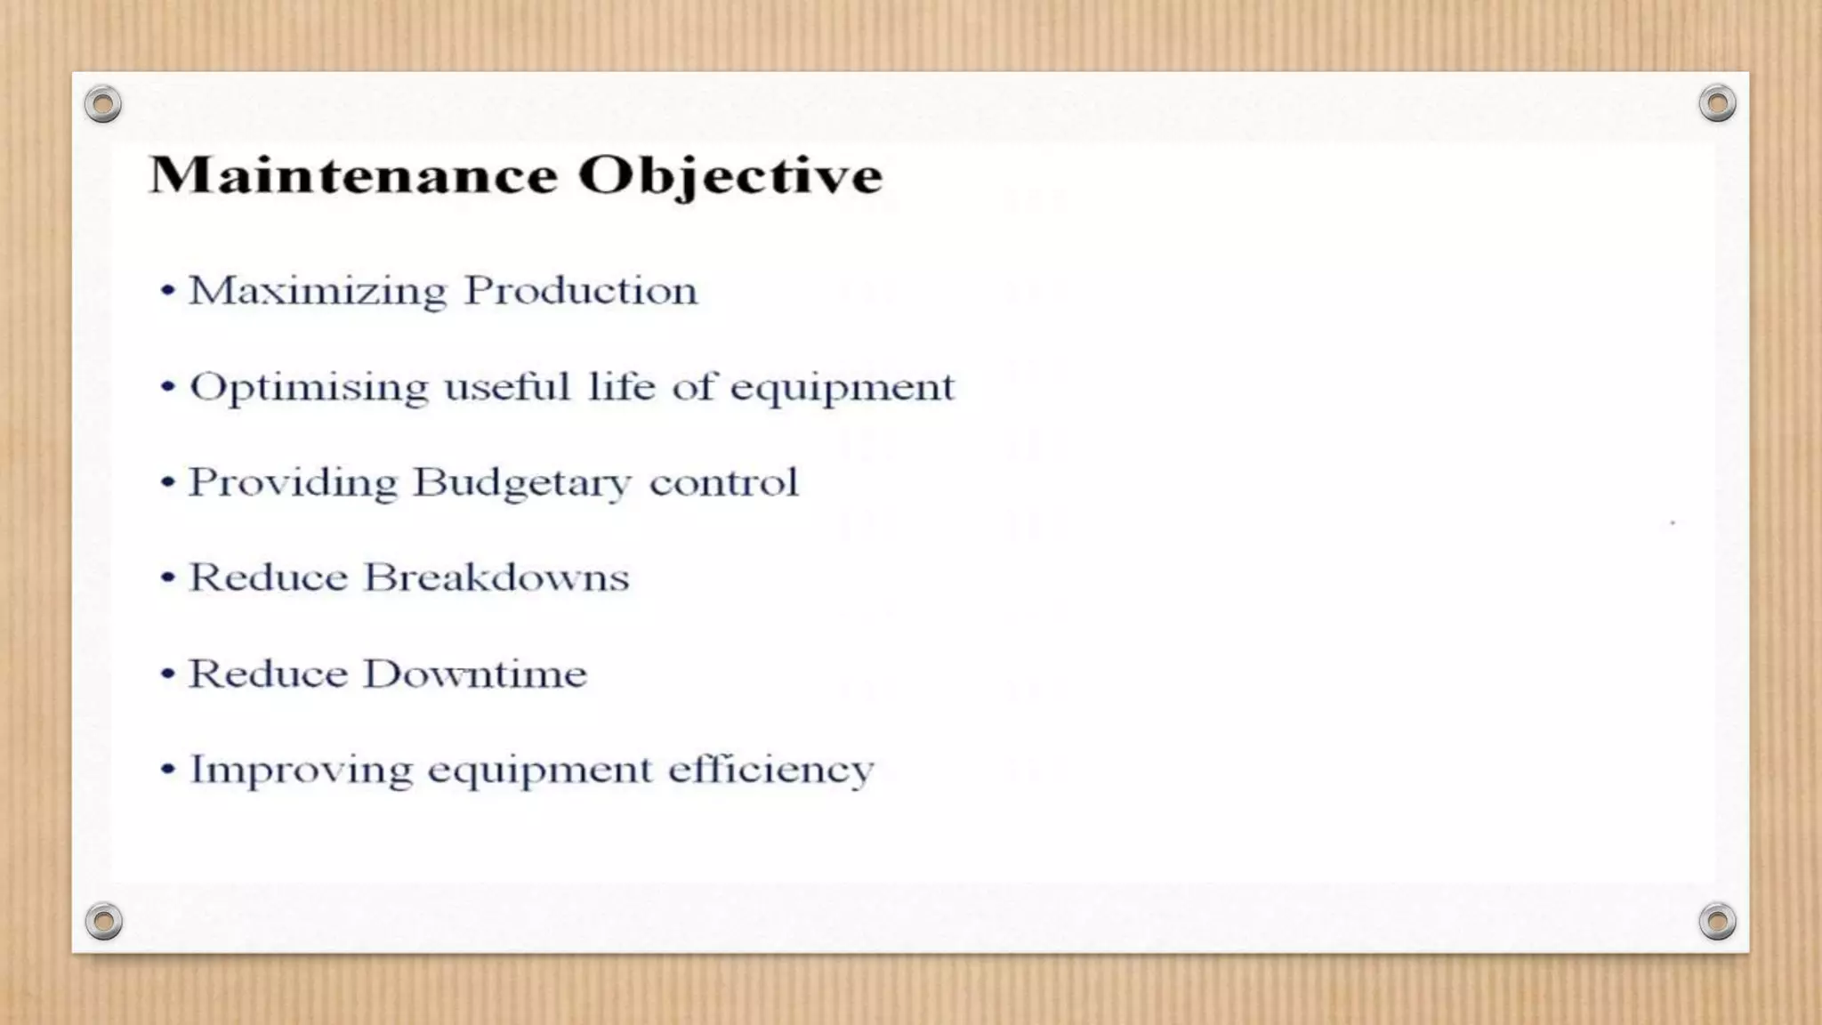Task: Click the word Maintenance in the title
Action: (353, 174)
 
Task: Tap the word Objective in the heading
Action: (730, 176)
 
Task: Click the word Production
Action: (581, 290)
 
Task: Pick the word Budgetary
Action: (521, 484)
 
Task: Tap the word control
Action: (723, 482)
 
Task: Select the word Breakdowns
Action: (496, 577)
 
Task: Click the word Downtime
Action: (475, 674)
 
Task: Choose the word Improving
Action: (302, 771)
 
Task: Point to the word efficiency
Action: (770, 771)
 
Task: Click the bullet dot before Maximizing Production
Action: (167, 290)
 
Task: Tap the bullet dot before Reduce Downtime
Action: (167, 674)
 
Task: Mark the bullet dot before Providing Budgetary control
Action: (167, 482)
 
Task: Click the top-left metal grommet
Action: (103, 105)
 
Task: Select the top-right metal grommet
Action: (1717, 104)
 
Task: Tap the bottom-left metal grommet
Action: (103, 921)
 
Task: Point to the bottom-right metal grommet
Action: (1717, 921)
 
